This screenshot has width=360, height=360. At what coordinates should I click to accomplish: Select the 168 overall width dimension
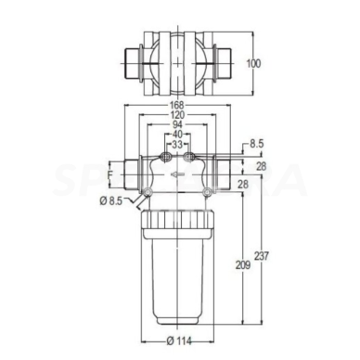(x=177, y=105)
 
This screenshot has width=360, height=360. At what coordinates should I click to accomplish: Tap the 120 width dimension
(x=177, y=115)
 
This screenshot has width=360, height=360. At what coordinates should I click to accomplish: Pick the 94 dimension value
(x=177, y=125)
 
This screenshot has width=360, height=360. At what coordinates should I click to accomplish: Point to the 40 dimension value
(x=177, y=135)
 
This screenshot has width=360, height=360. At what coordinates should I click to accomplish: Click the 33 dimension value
(x=177, y=146)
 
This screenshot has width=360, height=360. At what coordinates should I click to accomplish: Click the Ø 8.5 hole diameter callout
(x=111, y=199)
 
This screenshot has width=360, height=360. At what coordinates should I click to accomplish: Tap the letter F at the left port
(x=110, y=172)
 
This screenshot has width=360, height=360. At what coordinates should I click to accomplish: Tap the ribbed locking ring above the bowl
(x=177, y=220)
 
